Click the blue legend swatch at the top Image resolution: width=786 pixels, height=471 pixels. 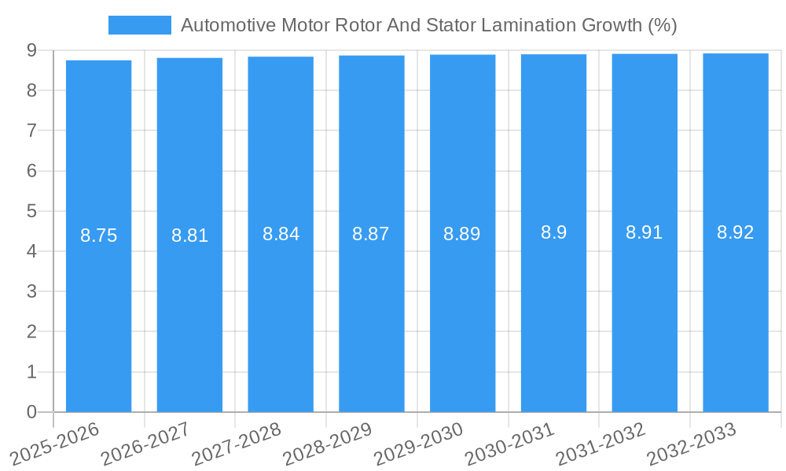[x=139, y=25]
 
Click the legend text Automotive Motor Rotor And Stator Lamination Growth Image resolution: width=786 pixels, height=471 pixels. [x=428, y=25]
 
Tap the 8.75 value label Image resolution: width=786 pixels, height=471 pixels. [x=98, y=235]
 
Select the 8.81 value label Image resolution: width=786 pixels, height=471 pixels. [x=189, y=235]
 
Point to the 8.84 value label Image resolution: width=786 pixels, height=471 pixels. [x=281, y=234]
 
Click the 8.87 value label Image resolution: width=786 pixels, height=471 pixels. [x=371, y=234]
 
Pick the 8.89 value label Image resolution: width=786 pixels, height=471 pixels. [x=462, y=234]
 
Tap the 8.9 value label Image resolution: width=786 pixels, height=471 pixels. [x=553, y=232]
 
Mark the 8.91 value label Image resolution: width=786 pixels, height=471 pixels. [x=644, y=232]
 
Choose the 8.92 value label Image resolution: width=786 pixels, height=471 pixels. [x=735, y=232]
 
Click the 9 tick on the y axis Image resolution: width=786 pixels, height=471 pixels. [x=31, y=50]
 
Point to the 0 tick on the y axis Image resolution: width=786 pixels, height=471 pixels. [x=31, y=412]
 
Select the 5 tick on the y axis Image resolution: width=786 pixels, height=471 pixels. [x=31, y=211]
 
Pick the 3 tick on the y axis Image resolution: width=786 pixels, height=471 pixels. [x=31, y=292]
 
